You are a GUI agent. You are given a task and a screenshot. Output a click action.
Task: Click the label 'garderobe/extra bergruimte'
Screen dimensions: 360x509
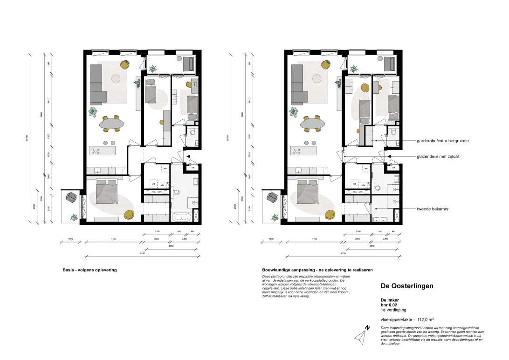click(x=443, y=140)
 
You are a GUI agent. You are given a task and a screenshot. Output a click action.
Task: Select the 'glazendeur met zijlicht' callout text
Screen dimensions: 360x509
click(x=438, y=157)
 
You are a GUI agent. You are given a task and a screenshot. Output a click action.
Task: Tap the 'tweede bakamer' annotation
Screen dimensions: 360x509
click(x=433, y=209)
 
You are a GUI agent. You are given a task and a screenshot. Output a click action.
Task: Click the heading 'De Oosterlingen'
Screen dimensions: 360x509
click(x=407, y=286)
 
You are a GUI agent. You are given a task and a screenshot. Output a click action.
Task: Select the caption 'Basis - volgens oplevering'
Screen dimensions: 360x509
click(x=89, y=270)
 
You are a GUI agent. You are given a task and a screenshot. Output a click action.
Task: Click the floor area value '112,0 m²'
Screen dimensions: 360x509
click(x=426, y=319)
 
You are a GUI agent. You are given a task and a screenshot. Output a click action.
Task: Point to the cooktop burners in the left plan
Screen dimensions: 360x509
click(x=96, y=151)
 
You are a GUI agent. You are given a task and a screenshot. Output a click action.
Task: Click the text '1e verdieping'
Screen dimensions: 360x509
click(x=393, y=310)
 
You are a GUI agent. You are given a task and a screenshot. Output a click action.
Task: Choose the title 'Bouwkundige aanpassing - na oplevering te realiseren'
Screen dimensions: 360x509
click(x=317, y=270)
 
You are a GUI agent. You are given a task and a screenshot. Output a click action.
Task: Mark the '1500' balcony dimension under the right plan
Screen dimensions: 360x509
click(x=271, y=239)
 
